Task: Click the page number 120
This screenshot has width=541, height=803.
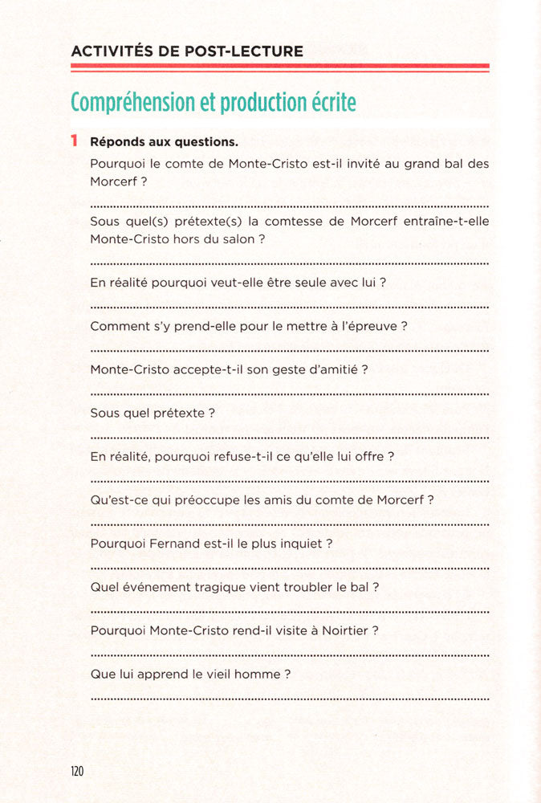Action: (x=77, y=771)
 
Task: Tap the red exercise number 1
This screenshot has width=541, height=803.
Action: (x=74, y=141)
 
